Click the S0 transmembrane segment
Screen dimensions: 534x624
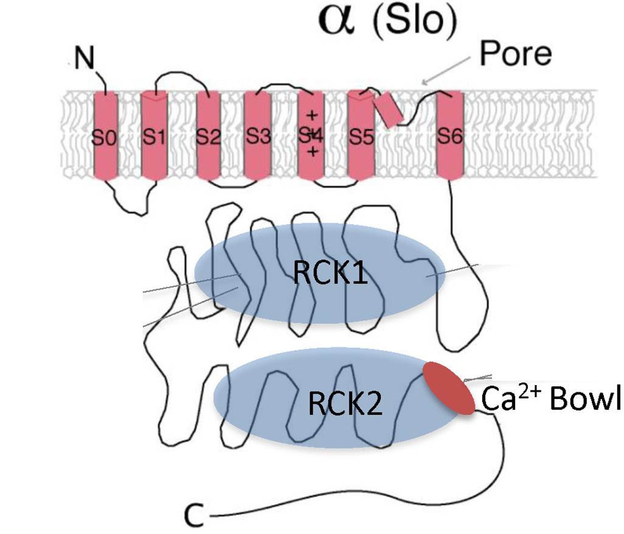click(105, 137)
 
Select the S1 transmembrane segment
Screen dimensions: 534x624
click(153, 137)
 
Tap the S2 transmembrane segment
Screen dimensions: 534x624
click(208, 137)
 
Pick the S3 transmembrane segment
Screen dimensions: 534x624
click(258, 137)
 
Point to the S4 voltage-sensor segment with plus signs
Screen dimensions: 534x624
click(311, 137)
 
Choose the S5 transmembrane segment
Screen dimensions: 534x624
click(361, 137)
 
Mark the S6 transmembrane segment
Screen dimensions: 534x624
click(450, 137)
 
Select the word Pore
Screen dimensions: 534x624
click(515, 54)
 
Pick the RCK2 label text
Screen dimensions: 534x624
click(345, 403)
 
